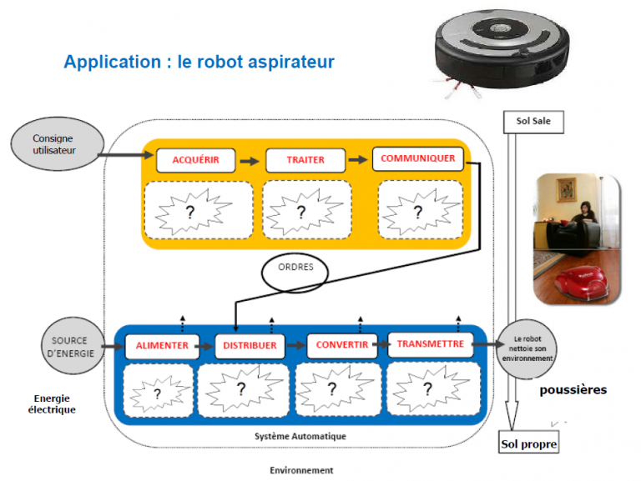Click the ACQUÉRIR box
[x=196, y=160]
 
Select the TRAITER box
[x=305, y=160]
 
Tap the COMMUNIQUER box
[x=417, y=158]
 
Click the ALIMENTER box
[x=162, y=346]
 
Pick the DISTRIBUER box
[x=250, y=346]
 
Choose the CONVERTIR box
[x=342, y=345]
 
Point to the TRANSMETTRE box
[x=430, y=343]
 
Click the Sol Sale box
[x=532, y=122]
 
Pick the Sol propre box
[x=528, y=443]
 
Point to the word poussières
[x=573, y=389]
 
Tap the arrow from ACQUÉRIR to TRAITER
[x=248, y=160]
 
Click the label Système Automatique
[x=300, y=436]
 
